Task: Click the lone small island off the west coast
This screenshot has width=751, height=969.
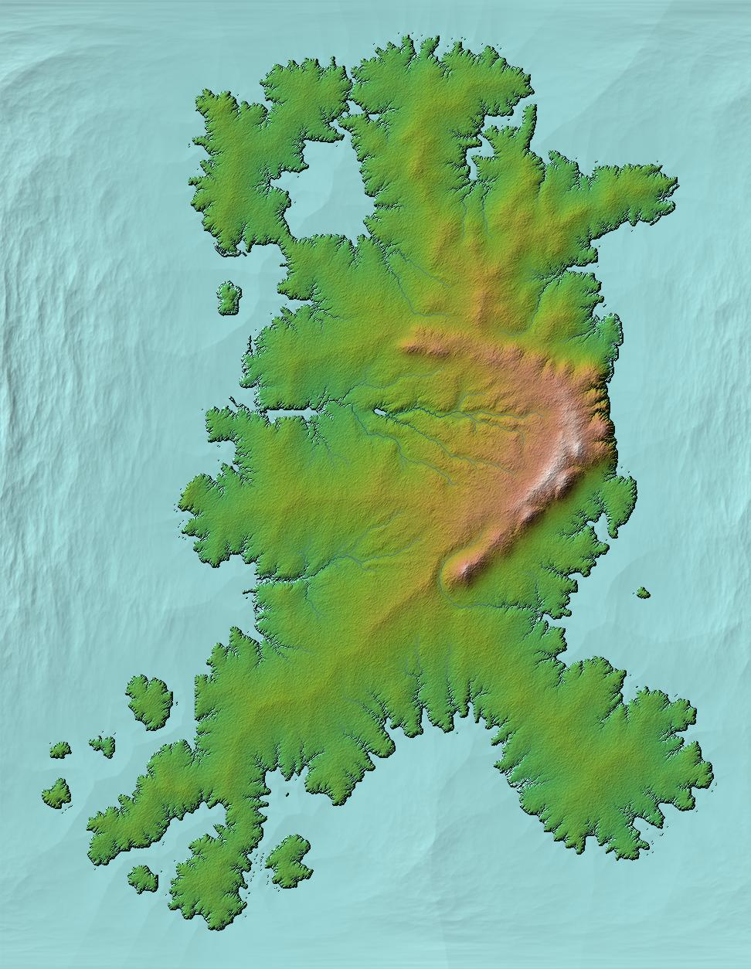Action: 228,298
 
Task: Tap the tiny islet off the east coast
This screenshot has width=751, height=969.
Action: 642,593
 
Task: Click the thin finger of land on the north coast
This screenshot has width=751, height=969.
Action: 530,127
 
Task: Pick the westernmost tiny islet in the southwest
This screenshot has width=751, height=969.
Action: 59,749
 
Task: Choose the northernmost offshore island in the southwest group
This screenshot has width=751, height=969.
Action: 150,701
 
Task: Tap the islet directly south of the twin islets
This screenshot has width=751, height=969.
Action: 57,793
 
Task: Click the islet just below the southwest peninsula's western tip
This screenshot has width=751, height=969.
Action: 142,877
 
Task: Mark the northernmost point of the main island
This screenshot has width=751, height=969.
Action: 423,39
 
